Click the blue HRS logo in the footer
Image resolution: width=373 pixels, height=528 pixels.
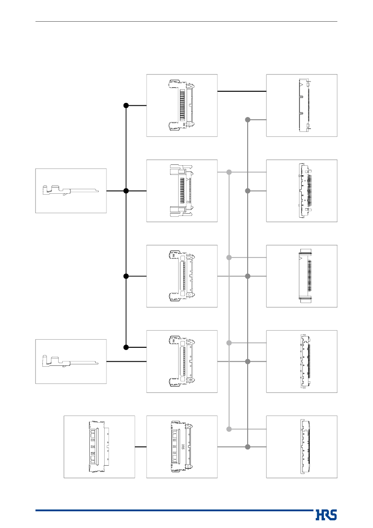point(326,515)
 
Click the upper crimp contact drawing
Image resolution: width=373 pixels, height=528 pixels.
point(70,190)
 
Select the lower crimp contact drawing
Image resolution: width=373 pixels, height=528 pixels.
point(70,361)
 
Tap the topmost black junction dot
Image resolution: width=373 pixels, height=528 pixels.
point(126,105)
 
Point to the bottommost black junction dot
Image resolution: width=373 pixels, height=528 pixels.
point(126,347)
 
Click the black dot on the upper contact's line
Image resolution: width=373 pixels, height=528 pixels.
point(126,191)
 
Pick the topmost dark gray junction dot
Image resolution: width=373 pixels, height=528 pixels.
point(248,120)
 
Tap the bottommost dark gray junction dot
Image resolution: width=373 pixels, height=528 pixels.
point(248,447)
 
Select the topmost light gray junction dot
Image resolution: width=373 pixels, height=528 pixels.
point(229,172)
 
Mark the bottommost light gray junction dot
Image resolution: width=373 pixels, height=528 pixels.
point(229,429)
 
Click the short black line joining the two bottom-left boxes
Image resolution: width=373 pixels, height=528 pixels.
point(141,447)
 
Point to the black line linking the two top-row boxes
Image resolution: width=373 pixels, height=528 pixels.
point(242,91)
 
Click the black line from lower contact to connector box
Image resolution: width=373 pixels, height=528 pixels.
point(126,362)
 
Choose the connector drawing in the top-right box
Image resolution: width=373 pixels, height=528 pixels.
point(304,105)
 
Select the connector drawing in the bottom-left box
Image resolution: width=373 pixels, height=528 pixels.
point(99,447)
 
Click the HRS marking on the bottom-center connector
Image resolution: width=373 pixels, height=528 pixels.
point(183,447)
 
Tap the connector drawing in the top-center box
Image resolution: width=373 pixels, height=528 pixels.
point(182,105)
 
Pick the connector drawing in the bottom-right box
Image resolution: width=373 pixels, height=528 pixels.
point(305,447)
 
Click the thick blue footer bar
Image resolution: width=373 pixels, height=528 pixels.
point(174,510)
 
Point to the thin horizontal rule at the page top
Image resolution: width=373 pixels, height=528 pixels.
point(186,22)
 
